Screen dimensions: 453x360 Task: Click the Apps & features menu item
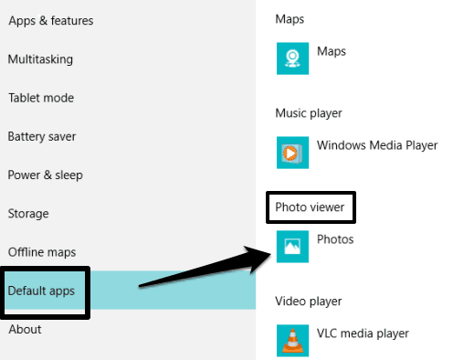[x=51, y=21]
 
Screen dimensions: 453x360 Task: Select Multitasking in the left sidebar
[x=40, y=59]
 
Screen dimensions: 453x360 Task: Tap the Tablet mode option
[x=41, y=98]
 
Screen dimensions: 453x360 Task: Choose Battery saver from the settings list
[x=42, y=136]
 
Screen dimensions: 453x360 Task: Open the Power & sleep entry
[x=46, y=175]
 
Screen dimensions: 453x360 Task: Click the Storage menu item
[x=28, y=214]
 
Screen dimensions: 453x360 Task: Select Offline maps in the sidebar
[x=42, y=252]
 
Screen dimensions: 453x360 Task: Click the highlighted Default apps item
[x=41, y=291]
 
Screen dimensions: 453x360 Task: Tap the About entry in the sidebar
[x=25, y=329]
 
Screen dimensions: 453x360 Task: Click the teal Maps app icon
[x=292, y=58]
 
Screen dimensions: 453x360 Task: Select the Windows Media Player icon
[x=292, y=153]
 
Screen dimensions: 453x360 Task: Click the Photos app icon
[x=292, y=247]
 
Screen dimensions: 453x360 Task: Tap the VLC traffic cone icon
[x=292, y=341]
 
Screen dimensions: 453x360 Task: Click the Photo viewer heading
[x=310, y=207]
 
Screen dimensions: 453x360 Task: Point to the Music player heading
[x=309, y=113]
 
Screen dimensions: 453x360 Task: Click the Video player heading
[x=309, y=302]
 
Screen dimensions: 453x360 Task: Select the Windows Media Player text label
[x=377, y=145]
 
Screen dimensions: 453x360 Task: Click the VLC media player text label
[x=363, y=334]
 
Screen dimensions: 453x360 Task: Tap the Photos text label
[x=335, y=239]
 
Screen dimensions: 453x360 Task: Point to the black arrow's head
[x=270, y=253]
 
